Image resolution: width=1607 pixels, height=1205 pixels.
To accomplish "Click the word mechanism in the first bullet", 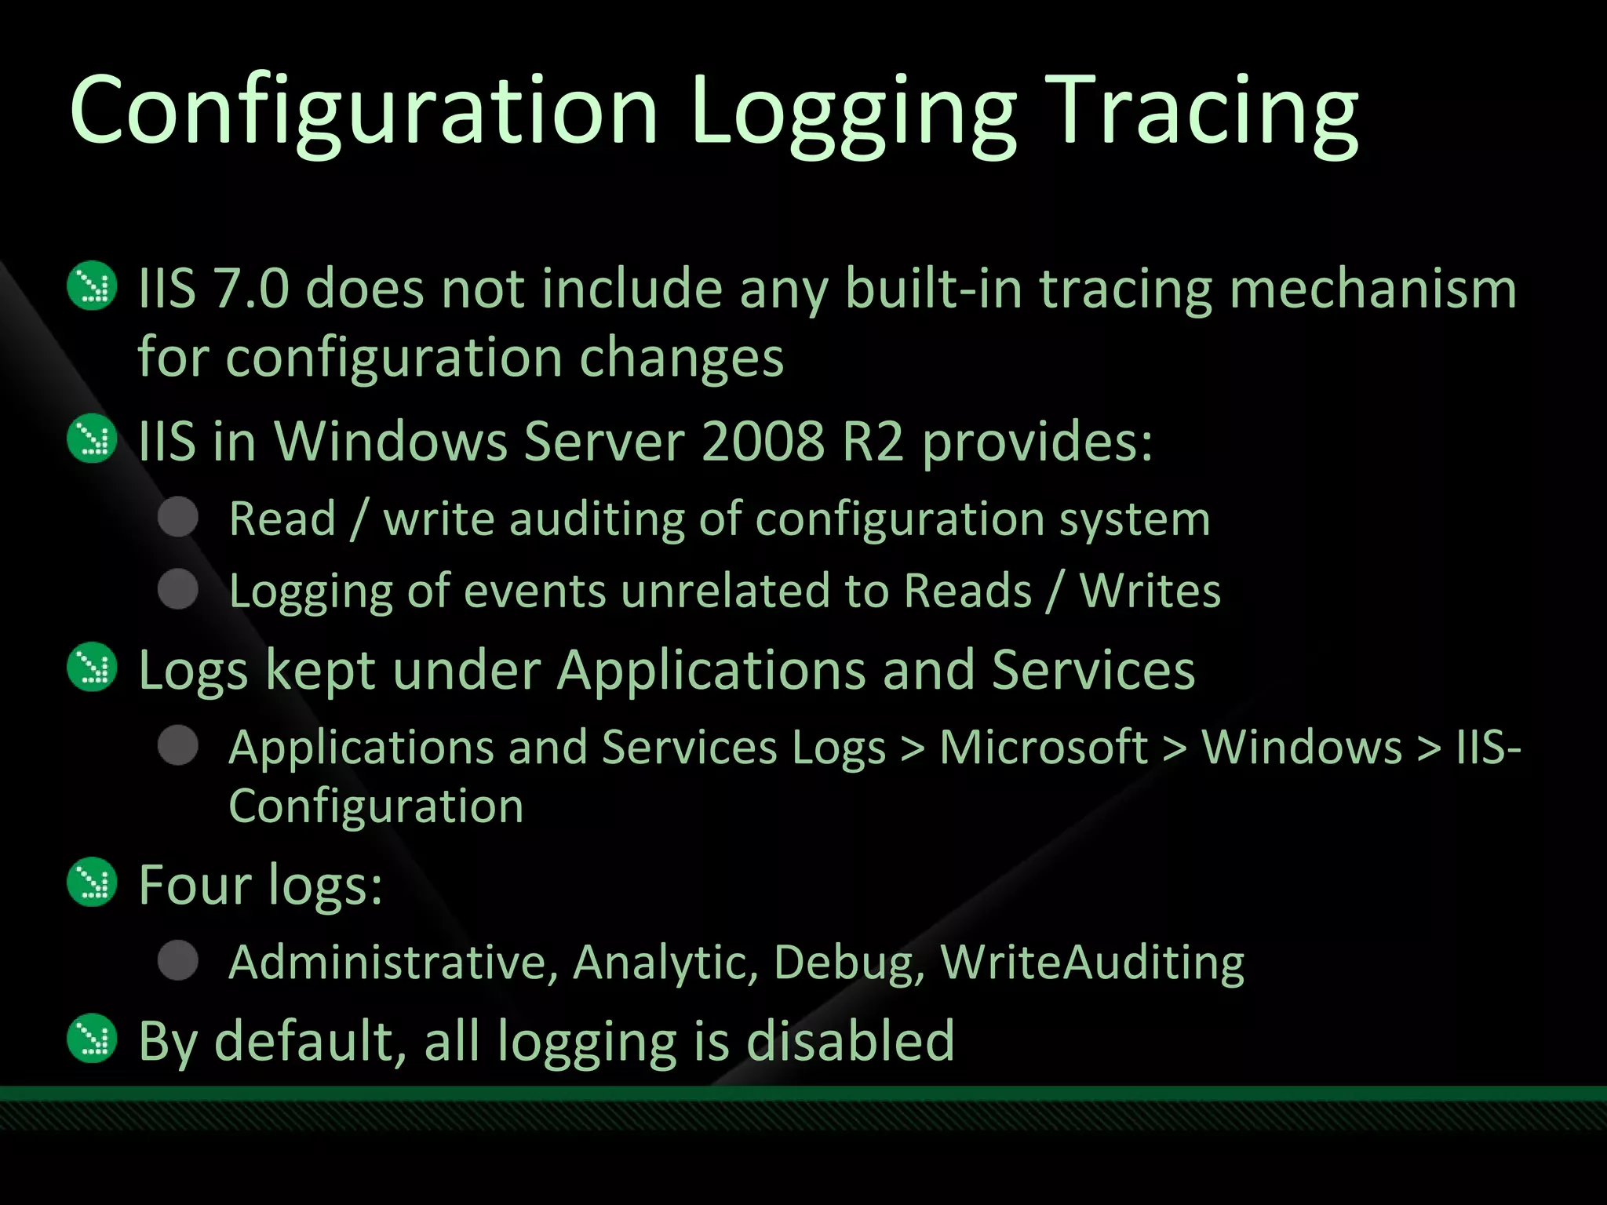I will point(1372,288).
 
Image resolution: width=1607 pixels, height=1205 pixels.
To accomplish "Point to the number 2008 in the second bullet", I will point(762,441).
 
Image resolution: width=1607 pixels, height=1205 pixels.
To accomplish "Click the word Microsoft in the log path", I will point(1044,746).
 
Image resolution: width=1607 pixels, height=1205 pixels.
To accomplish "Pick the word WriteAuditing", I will point(1092,962).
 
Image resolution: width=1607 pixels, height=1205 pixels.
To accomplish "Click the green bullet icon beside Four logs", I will point(93,882).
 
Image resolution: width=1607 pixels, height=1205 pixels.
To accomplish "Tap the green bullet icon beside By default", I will point(93,1039).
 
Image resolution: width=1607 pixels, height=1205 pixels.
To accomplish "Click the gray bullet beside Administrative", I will point(178,960).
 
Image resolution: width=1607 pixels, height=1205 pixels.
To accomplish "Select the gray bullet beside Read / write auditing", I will point(178,517).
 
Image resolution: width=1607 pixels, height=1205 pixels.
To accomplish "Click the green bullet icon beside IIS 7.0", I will point(93,286).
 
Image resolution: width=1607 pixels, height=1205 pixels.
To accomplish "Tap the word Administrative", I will point(393,962).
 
